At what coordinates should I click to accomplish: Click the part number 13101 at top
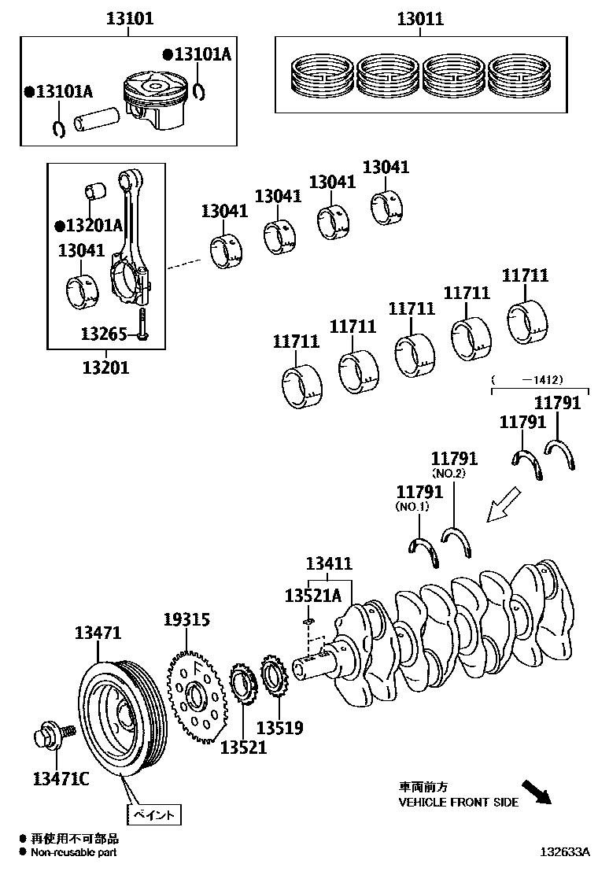coord(130,18)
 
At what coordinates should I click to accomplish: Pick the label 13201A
coord(90,225)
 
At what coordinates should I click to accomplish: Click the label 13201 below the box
coord(106,367)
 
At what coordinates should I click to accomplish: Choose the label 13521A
coord(312,596)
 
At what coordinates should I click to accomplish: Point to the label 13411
coord(328,563)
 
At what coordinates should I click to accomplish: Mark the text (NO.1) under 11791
coord(412,508)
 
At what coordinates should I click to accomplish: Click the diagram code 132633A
coord(564,851)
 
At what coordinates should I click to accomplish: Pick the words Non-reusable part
coord(74,851)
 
